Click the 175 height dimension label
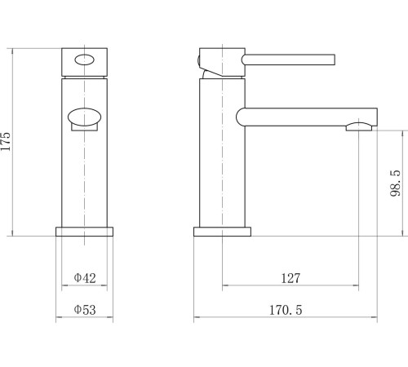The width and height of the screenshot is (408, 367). (6, 141)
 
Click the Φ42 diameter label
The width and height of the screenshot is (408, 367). (85, 278)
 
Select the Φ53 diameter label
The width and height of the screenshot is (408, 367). (85, 310)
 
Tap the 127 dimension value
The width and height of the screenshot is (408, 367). (290, 278)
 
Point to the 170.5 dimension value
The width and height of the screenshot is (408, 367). (286, 310)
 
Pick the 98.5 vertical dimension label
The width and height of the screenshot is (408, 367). (395, 183)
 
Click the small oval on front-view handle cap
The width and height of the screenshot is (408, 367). (85, 60)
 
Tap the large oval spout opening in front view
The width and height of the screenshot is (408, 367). (84, 117)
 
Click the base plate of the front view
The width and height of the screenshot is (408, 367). (84, 232)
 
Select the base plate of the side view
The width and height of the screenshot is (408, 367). (222, 232)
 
